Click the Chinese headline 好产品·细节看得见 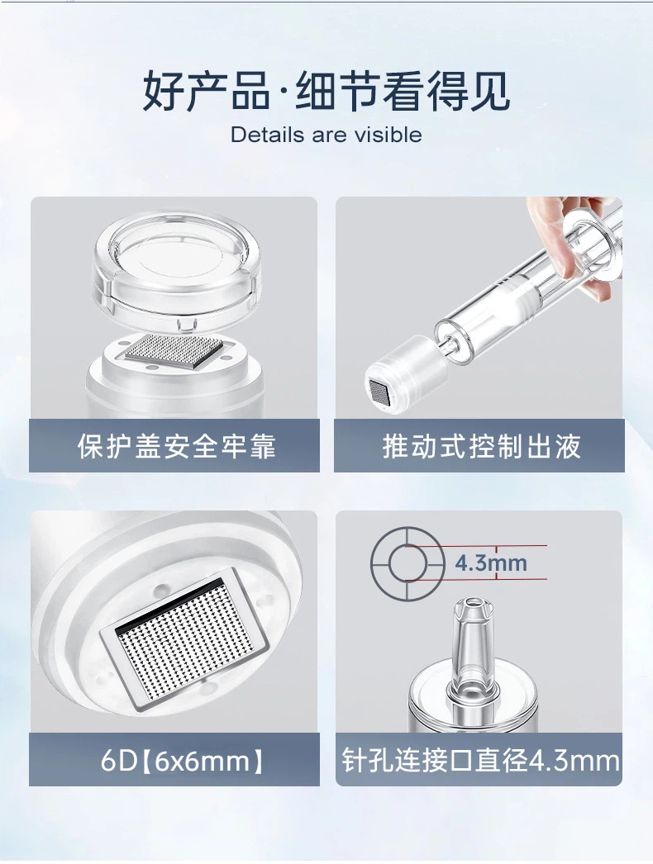pos(326,90)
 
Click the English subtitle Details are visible pos(326,135)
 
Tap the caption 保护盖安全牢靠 pos(177,446)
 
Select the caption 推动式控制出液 pos(482,446)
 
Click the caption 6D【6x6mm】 pos(183,761)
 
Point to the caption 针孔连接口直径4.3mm pos(480,761)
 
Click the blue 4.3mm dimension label pos(491,563)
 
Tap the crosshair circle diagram pos(408,563)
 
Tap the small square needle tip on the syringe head pos(379,390)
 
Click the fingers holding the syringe pos(568,243)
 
